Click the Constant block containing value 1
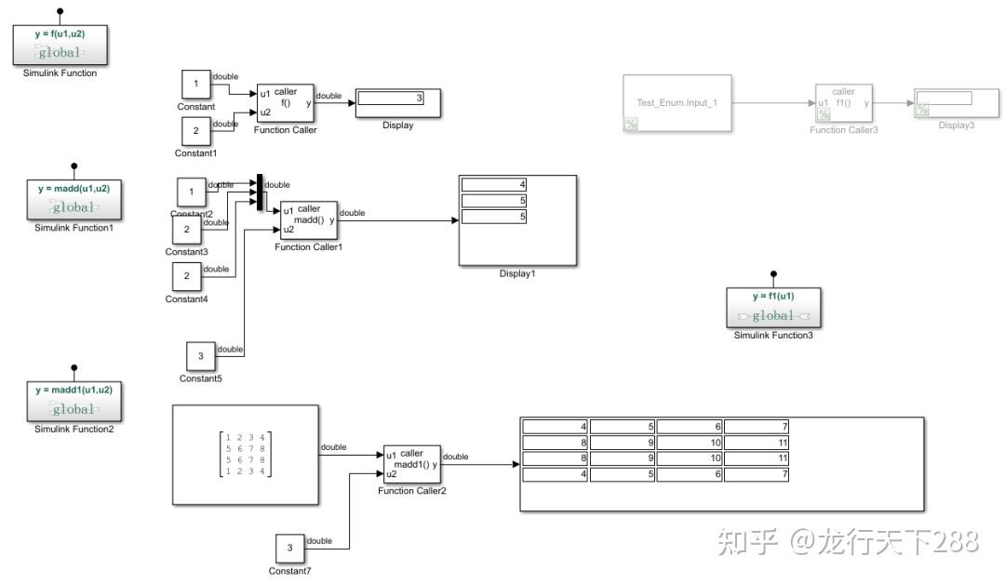tap(195, 85)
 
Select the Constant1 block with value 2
tap(195, 131)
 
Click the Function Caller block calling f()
tap(286, 102)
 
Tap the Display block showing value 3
tap(397, 103)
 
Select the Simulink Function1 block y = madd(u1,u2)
tap(74, 199)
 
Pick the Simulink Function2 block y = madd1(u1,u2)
tap(74, 401)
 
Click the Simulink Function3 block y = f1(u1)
tap(773, 307)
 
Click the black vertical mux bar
tap(260, 192)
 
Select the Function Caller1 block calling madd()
tap(309, 219)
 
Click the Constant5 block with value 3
tap(201, 356)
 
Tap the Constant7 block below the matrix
tap(289, 549)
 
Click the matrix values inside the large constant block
tap(245, 455)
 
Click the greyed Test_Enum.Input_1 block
tap(677, 102)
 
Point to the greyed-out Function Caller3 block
tap(844, 103)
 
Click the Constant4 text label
tap(186, 298)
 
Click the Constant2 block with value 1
tap(192, 192)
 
